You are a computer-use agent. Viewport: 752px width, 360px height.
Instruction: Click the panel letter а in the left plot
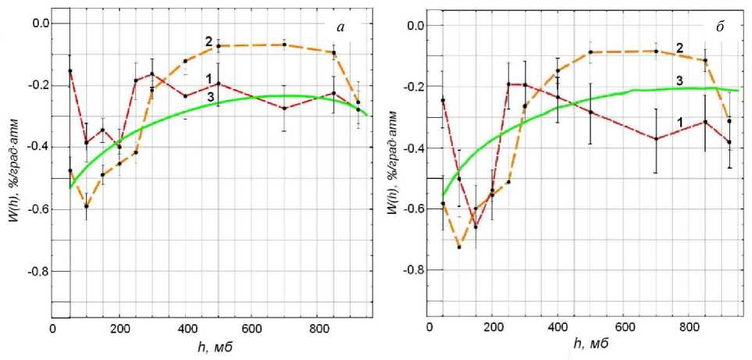[341, 28]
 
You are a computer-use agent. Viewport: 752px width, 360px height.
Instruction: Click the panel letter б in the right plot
[719, 28]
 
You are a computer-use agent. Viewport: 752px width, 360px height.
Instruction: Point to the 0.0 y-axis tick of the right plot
[415, 26]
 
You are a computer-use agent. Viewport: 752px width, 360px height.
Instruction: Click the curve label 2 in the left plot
[209, 40]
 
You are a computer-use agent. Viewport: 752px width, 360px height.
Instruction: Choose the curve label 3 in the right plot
[679, 80]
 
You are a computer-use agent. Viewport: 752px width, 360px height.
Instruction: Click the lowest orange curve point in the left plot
[87, 206]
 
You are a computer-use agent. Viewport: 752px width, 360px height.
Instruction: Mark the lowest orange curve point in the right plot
[459, 247]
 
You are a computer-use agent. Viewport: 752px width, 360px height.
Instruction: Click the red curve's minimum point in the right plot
[476, 226]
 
